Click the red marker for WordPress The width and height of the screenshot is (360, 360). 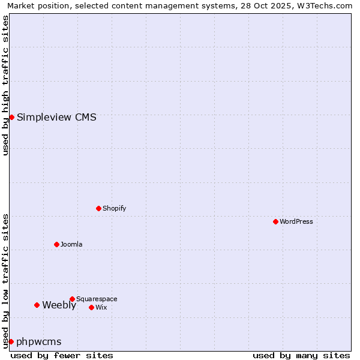click(x=275, y=221)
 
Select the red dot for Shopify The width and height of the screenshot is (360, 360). click(x=98, y=208)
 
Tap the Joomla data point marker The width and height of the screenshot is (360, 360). click(x=56, y=244)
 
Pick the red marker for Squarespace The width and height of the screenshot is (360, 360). click(x=72, y=299)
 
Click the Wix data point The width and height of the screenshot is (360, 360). click(x=91, y=307)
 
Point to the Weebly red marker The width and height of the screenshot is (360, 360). click(x=37, y=305)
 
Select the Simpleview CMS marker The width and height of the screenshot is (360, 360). click(x=11, y=117)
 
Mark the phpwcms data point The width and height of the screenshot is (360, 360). click(x=11, y=341)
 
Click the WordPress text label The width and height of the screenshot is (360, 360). click(x=296, y=221)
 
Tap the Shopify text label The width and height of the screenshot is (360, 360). click(x=114, y=208)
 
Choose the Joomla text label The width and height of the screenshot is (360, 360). click(x=71, y=244)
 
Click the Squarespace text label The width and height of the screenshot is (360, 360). click(x=97, y=299)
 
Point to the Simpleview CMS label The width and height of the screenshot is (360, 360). click(x=56, y=117)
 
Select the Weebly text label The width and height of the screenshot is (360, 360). click(x=59, y=305)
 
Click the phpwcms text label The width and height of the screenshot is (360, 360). click(x=39, y=341)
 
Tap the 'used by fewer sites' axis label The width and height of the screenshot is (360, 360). click(x=62, y=355)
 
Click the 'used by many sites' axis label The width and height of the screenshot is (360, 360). click(x=301, y=355)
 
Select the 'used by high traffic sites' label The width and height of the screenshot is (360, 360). click(x=5, y=85)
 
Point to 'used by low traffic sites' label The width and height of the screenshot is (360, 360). click(x=5, y=280)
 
